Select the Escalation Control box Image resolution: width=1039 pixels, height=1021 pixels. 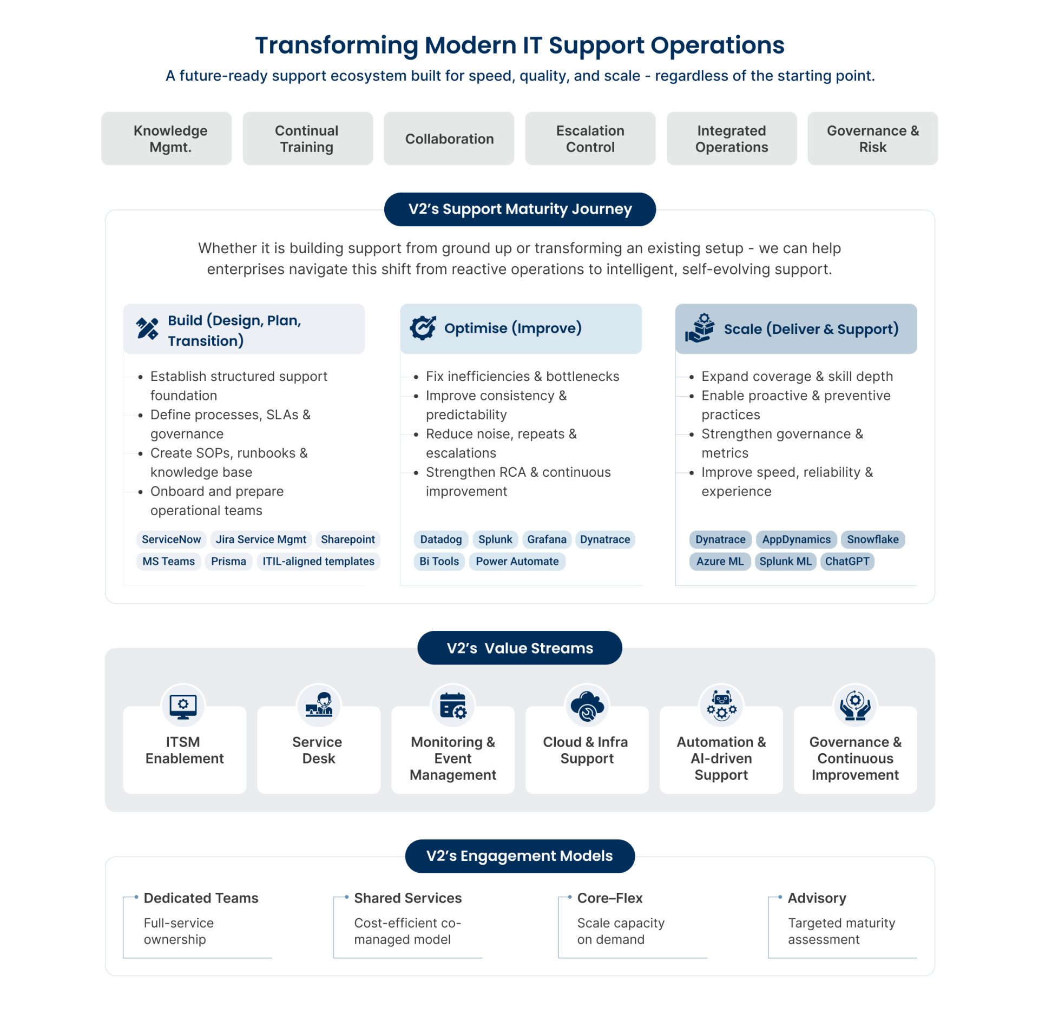(x=590, y=139)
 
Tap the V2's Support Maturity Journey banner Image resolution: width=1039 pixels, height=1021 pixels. (x=519, y=209)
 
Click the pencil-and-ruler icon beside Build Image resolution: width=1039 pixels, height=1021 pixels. (x=147, y=328)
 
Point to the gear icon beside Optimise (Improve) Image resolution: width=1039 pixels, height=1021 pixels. (x=423, y=327)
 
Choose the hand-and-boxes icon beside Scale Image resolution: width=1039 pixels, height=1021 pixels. (x=700, y=328)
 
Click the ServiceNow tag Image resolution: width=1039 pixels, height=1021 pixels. (x=171, y=539)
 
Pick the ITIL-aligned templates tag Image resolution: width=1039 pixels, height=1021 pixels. (x=318, y=561)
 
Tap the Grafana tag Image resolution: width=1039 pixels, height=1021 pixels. (x=547, y=539)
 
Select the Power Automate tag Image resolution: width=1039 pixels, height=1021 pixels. (x=517, y=561)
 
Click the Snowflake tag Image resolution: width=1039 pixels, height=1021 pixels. (x=872, y=539)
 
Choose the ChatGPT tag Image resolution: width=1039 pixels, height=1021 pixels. (x=847, y=561)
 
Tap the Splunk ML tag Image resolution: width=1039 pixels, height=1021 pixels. (x=785, y=561)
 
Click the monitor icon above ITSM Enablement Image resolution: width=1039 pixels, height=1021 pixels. (x=183, y=706)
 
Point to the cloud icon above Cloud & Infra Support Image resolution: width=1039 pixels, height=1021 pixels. (x=587, y=706)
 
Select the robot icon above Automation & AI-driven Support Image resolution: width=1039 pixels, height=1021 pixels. (x=721, y=706)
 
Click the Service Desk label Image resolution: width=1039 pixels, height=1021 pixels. (x=318, y=750)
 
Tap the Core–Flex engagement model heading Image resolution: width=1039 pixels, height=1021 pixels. (x=609, y=898)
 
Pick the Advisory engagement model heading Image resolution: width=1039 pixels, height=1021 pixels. (x=817, y=898)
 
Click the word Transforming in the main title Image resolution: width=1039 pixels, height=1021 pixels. (x=336, y=45)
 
